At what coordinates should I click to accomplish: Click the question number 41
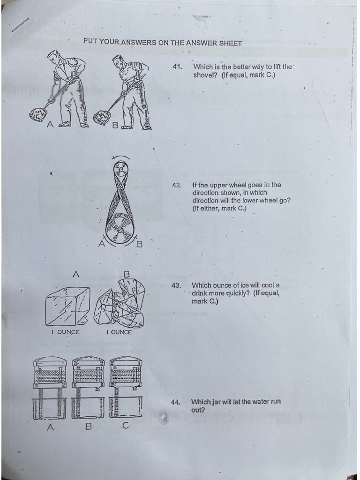tap(177, 67)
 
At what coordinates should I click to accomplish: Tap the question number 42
tap(176, 185)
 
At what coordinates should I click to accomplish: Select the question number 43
tap(176, 285)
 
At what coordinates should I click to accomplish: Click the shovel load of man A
tap(37, 114)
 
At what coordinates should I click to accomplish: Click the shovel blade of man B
tap(102, 117)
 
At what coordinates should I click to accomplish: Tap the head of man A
tap(54, 57)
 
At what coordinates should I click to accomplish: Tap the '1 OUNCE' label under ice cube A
tap(66, 332)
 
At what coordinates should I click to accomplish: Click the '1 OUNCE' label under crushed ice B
tap(119, 332)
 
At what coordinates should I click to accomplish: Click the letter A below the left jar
tap(50, 427)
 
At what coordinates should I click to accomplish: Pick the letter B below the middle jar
tap(88, 427)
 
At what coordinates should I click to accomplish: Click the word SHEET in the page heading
tap(230, 43)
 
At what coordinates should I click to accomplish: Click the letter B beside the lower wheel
tap(139, 244)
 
